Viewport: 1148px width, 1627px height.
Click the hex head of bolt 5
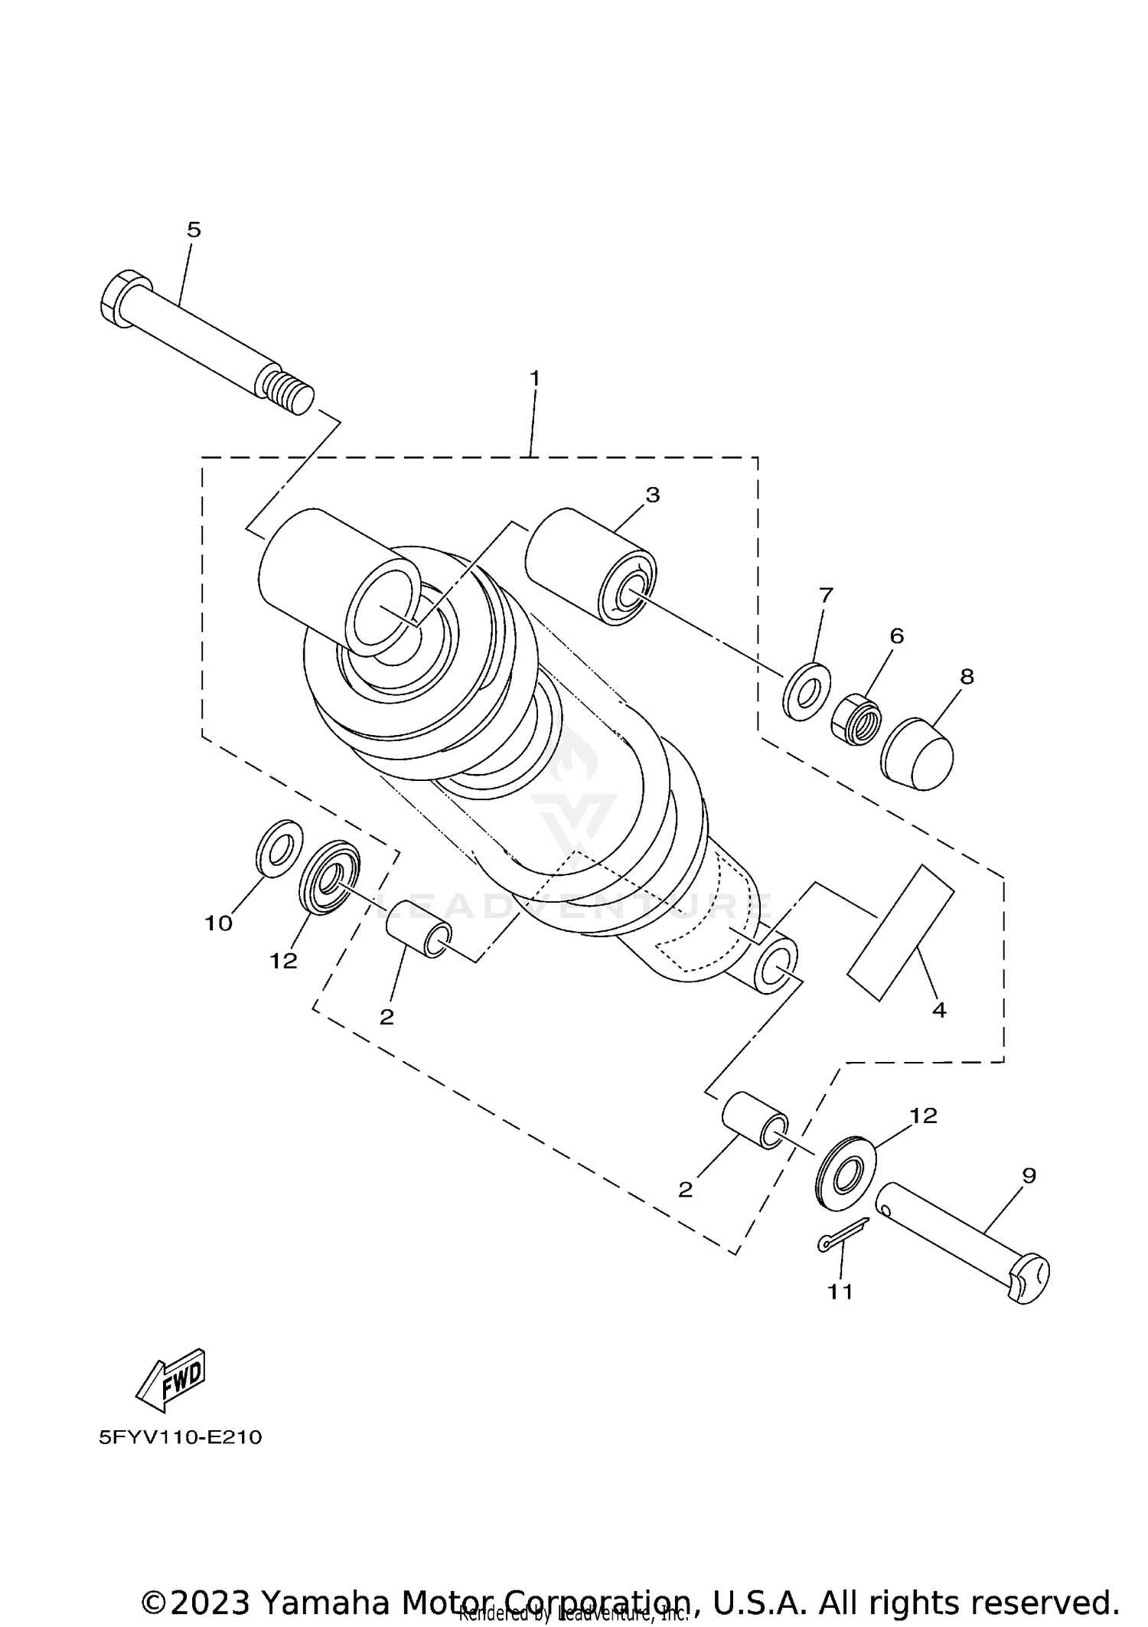pyautogui.click(x=122, y=298)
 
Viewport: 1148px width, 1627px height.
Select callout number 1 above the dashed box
pyautogui.click(x=535, y=378)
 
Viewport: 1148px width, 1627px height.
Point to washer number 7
pyautogui.click(x=807, y=691)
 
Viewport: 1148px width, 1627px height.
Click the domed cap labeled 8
pyautogui.click(x=918, y=754)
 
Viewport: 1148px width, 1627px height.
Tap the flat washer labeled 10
pyautogui.click(x=278, y=848)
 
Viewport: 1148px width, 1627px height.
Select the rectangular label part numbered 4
pyautogui.click(x=900, y=932)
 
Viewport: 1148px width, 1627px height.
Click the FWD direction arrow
pyautogui.click(x=171, y=1380)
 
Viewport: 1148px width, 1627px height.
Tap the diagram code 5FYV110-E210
pyautogui.click(x=181, y=1437)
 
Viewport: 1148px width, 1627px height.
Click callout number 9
pyautogui.click(x=1029, y=1175)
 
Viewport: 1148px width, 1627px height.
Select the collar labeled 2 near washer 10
pyautogui.click(x=418, y=929)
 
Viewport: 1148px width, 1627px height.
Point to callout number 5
pyautogui.click(x=194, y=230)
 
